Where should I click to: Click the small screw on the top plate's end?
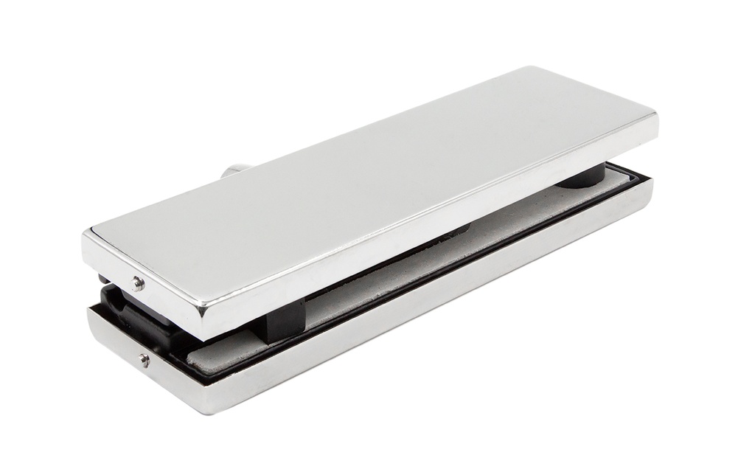pyautogui.click(x=136, y=282)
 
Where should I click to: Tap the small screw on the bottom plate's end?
pyautogui.click(x=144, y=360)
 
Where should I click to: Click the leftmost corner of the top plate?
pyautogui.click(x=84, y=234)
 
